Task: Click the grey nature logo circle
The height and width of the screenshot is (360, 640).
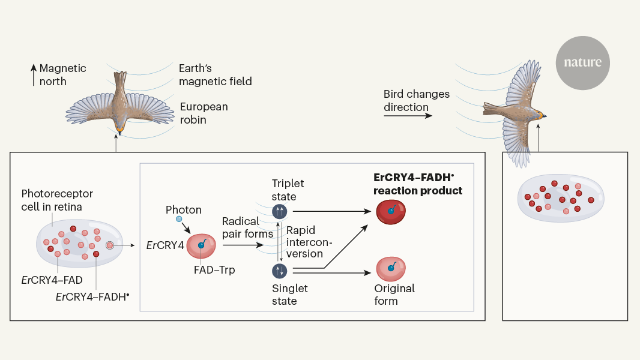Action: [x=582, y=62]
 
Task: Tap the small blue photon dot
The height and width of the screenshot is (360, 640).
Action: [x=179, y=219]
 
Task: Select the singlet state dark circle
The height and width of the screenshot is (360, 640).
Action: [x=280, y=271]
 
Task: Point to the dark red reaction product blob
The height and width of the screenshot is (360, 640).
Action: [x=391, y=211]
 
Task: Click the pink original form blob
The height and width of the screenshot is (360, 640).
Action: [x=391, y=268]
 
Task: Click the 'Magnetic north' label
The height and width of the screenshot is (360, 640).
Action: [x=62, y=75]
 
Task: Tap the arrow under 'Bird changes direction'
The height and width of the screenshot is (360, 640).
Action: [x=408, y=115]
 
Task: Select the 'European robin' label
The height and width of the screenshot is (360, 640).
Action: [x=204, y=113]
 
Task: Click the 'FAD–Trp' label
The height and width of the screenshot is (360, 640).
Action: [x=215, y=269]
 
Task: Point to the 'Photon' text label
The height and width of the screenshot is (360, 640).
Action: [x=184, y=210]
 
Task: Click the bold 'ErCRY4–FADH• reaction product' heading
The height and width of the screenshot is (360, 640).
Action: [x=417, y=185]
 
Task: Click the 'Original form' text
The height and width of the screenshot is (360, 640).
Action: [x=395, y=295]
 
